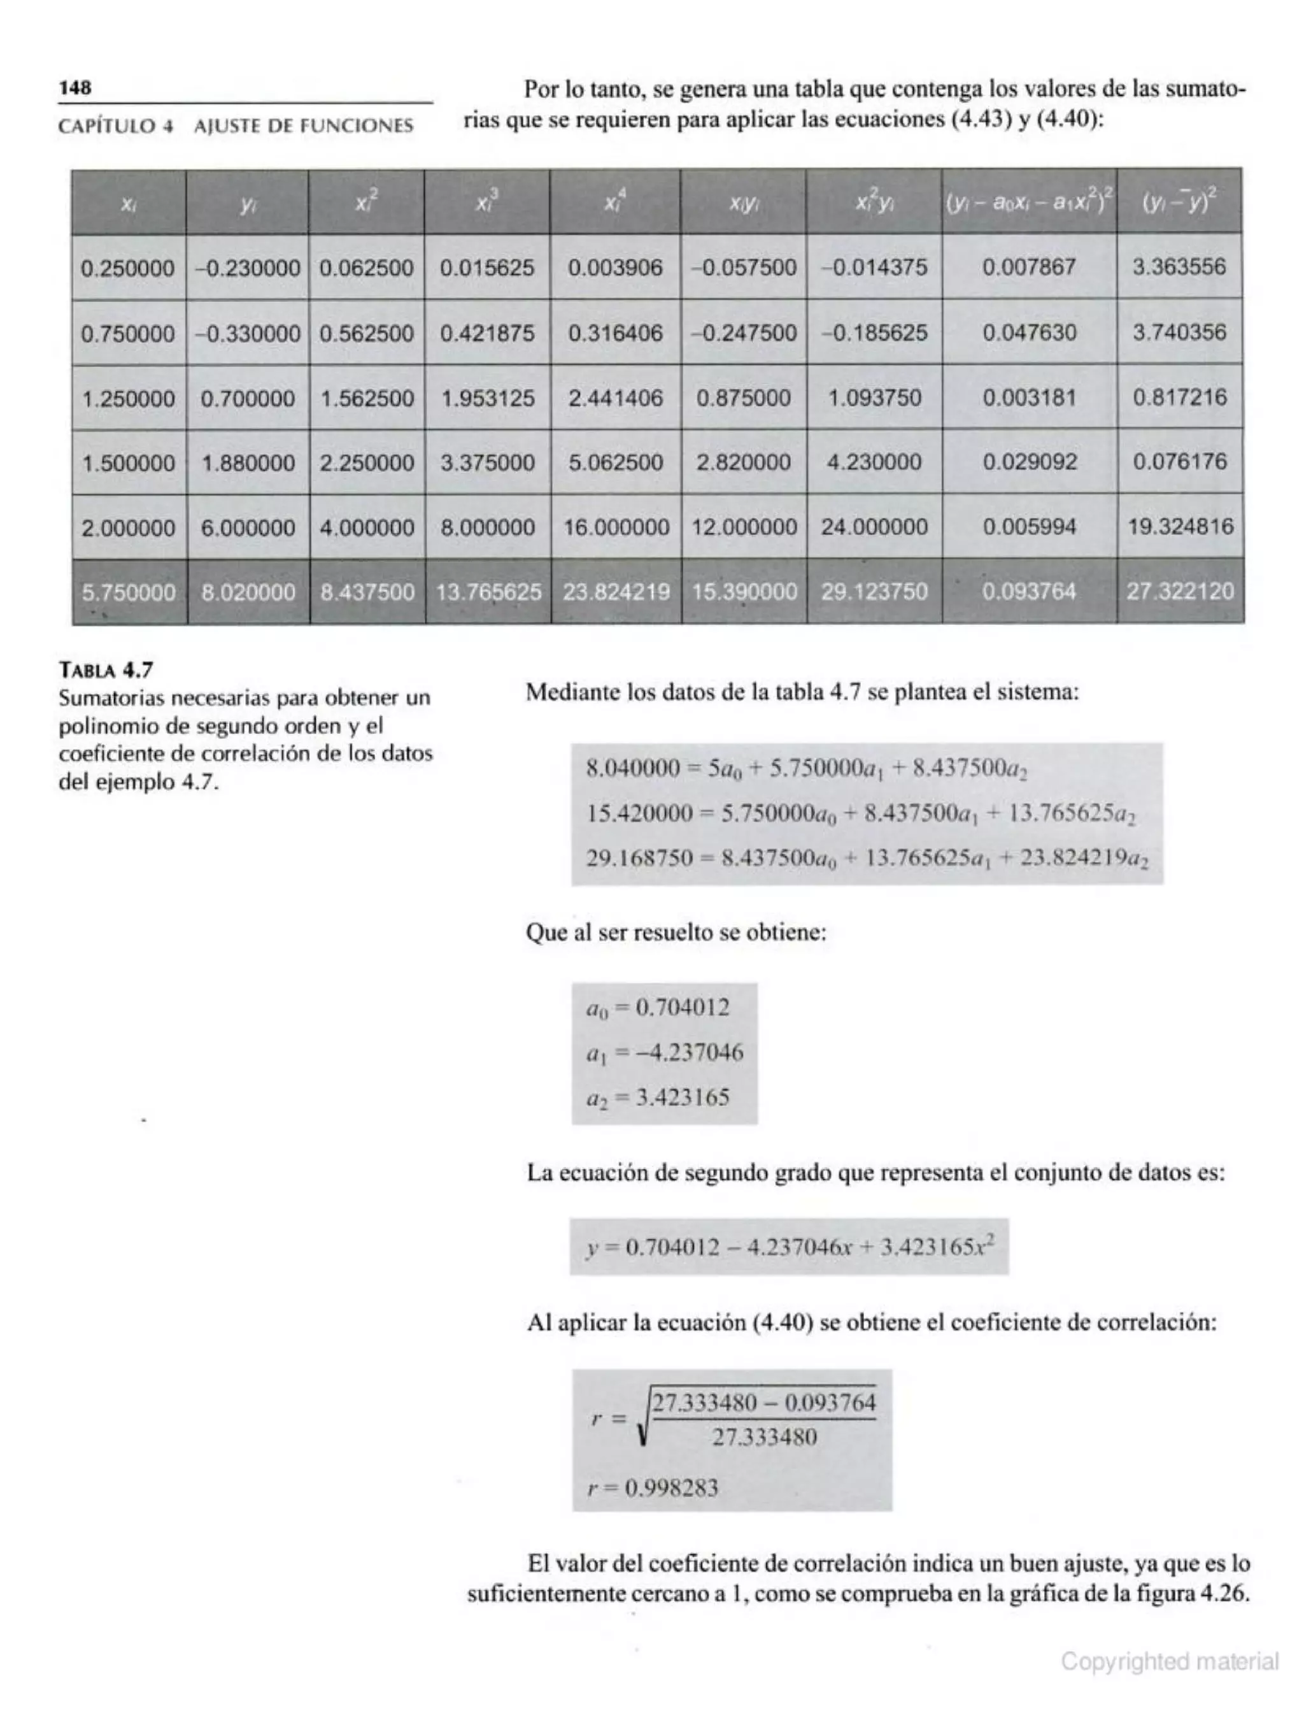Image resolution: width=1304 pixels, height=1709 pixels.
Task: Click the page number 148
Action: (75, 88)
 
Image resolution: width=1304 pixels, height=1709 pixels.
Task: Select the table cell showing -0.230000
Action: (248, 269)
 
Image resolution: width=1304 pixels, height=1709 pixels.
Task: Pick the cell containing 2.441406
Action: (616, 398)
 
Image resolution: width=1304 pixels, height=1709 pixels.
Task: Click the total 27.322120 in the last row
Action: (1180, 592)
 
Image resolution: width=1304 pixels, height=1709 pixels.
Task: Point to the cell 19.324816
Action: (1180, 527)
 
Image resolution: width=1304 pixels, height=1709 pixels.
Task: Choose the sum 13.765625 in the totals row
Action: (488, 592)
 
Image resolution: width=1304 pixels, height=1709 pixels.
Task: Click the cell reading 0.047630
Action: (1029, 333)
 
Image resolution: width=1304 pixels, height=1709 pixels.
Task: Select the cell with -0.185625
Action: (874, 333)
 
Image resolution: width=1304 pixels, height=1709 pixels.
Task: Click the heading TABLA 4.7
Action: (106, 669)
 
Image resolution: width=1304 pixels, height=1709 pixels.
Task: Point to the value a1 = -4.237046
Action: (665, 1053)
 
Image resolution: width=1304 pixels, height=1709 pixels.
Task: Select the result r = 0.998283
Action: (652, 1489)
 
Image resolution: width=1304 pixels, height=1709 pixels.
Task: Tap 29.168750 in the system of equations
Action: (639, 859)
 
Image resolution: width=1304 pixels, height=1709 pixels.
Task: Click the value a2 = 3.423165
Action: (658, 1098)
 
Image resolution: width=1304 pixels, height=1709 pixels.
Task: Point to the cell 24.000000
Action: (874, 527)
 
